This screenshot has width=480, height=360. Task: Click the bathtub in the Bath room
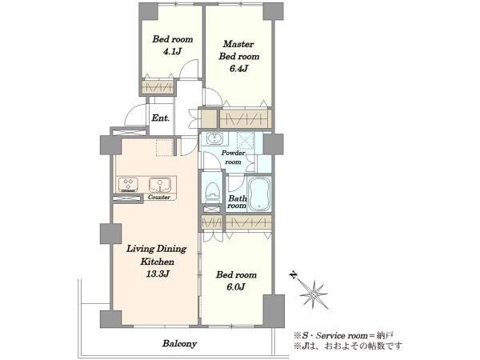coord(259,194)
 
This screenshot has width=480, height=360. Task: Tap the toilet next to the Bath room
coord(213,192)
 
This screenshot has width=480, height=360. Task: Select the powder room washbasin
coord(216,138)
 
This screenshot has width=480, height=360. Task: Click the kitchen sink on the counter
coord(159,185)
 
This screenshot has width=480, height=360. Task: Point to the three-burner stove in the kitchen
coord(128,185)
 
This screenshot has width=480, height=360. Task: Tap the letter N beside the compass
coord(294,275)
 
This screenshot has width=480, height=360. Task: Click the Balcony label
coord(179,343)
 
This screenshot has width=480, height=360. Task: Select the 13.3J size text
coord(158,274)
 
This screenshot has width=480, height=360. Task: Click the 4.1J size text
coord(172,51)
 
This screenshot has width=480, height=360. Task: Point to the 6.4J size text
coord(238,69)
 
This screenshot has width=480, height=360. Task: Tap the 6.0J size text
coord(236,287)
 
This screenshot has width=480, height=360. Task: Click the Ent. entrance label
coord(161,118)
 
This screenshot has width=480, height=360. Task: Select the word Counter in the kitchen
coord(159,197)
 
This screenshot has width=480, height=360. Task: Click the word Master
coord(238,44)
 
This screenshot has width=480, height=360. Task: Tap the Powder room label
coord(234,157)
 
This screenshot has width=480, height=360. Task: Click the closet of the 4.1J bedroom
coord(158,86)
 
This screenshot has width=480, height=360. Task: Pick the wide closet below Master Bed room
coord(246,118)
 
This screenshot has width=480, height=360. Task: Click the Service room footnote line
coord(343,336)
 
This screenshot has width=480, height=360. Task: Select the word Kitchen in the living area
coord(158,262)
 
